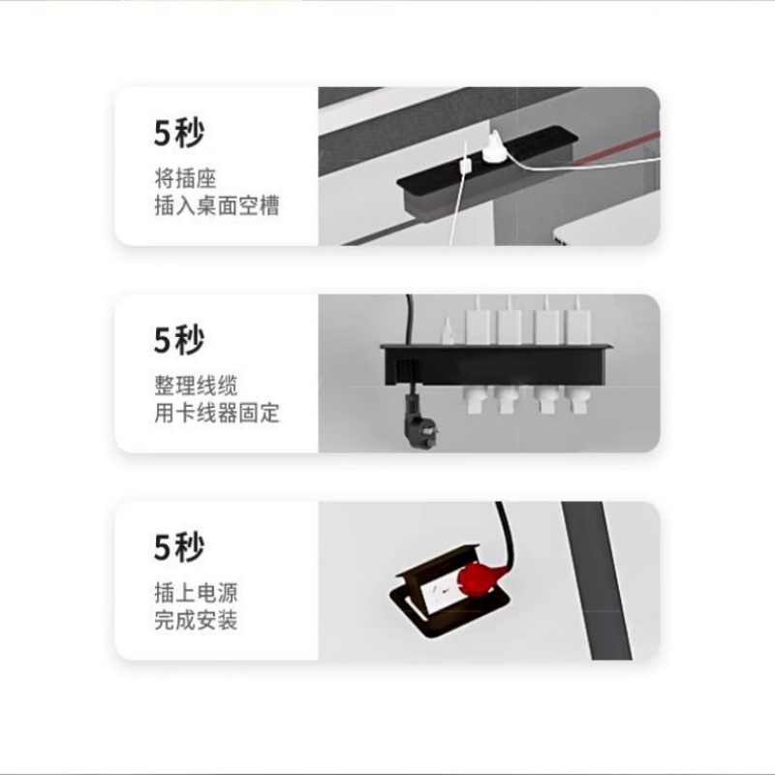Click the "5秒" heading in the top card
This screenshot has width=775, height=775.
[x=179, y=133]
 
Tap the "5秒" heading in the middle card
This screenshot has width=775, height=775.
[x=179, y=340]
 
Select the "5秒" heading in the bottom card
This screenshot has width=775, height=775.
[x=179, y=546]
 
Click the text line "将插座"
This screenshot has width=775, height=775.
[x=186, y=178]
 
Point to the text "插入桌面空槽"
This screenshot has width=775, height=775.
[x=217, y=205]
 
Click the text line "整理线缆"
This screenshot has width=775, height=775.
[x=197, y=386]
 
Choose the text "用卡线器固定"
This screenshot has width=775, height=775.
[x=217, y=413]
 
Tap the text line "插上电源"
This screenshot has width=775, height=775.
[x=197, y=593]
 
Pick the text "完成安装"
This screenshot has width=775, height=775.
[x=197, y=620]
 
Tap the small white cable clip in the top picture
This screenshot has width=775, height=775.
[x=465, y=165]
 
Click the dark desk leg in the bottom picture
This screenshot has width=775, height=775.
[x=598, y=580]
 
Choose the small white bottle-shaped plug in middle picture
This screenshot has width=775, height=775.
[x=448, y=330]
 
